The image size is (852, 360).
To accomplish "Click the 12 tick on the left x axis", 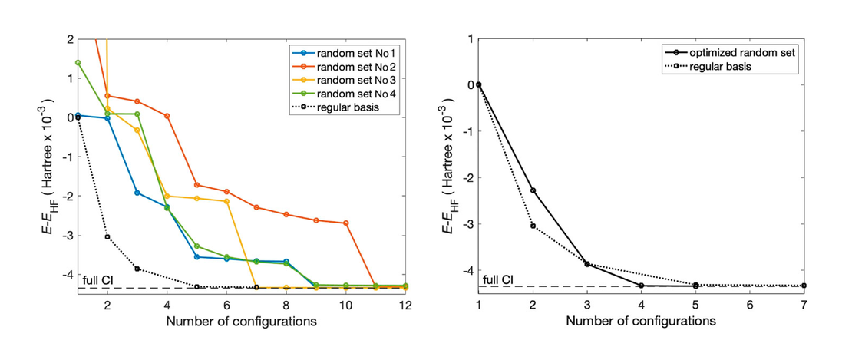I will point(405,304).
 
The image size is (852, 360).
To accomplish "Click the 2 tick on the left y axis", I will point(70,38).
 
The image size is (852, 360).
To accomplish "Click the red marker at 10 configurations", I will point(346,223).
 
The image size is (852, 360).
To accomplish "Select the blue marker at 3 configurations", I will point(137,193).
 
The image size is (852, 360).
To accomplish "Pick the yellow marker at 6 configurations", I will point(226,201).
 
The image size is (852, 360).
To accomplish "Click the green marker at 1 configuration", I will point(78,62).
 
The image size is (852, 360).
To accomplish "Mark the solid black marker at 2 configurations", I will point(533,190).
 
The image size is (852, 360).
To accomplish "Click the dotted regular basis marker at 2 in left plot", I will point(107,236).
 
